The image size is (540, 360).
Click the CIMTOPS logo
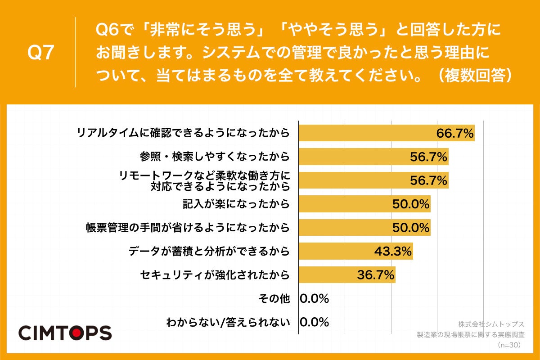pos(65,333)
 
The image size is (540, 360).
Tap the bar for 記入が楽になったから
pos(364,204)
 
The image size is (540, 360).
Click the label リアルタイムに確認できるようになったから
pos(183,133)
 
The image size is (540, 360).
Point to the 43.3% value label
pos(393,251)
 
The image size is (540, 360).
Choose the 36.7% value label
pos(376,274)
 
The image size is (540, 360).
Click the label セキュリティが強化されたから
pos(215,274)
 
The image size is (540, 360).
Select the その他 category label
pos(274,298)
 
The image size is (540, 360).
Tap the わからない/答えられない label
pos(228,322)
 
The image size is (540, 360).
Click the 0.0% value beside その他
pos(315,298)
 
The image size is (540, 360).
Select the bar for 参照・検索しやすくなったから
pos(373,157)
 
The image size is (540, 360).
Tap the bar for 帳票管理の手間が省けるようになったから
pos(364,228)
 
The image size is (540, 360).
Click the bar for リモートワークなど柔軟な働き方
pos(373,180)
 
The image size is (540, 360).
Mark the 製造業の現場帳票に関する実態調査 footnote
pos(471,335)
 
